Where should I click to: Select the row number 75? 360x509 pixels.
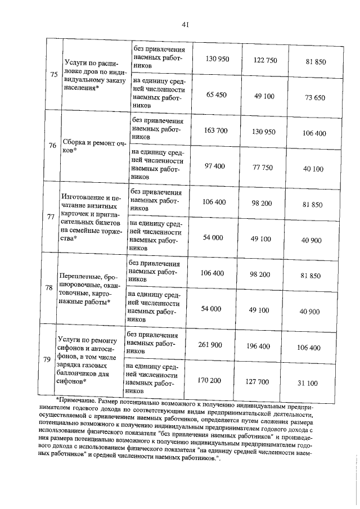click(53, 75)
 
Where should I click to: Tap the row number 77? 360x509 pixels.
click(51, 216)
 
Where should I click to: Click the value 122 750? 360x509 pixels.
click(265, 60)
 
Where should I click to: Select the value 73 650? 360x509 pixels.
click(315, 97)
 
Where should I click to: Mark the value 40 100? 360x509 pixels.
click(313, 169)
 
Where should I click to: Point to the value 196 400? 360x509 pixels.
click(259, 346)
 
